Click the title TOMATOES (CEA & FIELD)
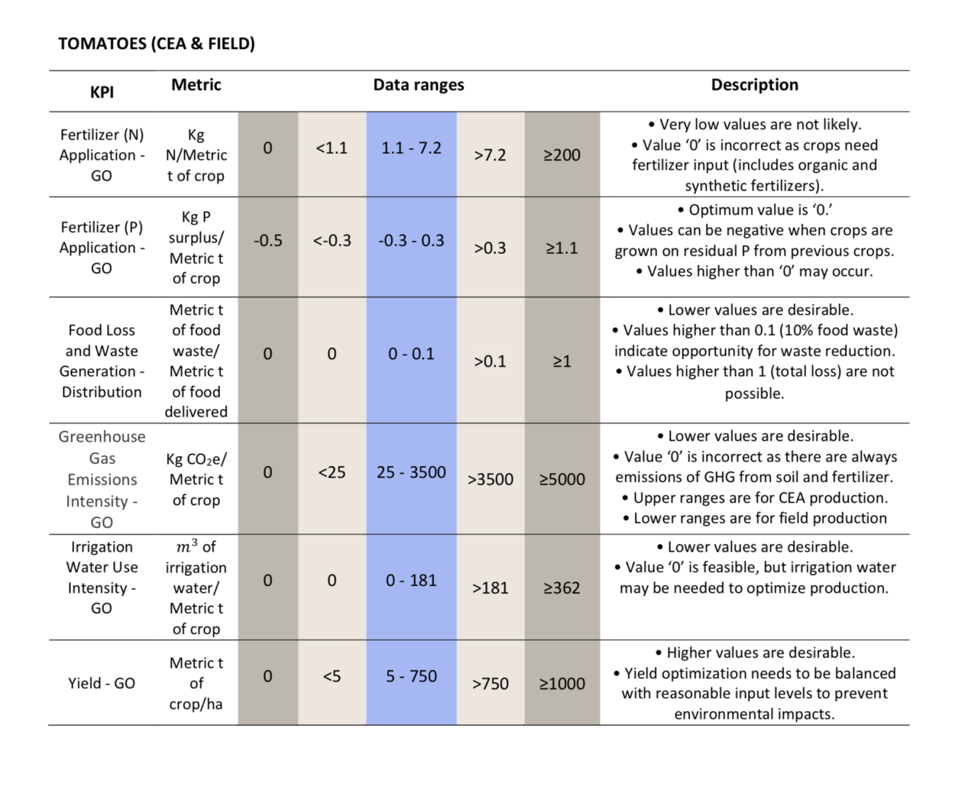(x=157, y=44)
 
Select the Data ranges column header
(x=419, y=85)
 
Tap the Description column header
(x=754, y=85)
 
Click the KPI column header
(x=102, y=92)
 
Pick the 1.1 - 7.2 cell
(x=411, y=148)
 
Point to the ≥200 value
(x=562, y=156)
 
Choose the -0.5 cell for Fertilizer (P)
(x=267, y=241)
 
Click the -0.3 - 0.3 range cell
(x=411, y=241)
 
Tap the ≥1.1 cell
(x=562, y=248)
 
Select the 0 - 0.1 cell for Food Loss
(x=411, y=355)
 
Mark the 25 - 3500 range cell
(x=411, y=472)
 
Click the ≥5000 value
(x=562, y=480)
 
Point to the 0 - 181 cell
(x=411, y=581)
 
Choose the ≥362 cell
(x=562, y=588)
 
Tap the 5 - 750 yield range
(x=411, y=676)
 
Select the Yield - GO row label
(x=102, y=683)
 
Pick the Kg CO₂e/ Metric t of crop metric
(x=196, y=480)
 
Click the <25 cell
(x=332, y=472)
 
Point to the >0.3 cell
(x=490, y=248)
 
